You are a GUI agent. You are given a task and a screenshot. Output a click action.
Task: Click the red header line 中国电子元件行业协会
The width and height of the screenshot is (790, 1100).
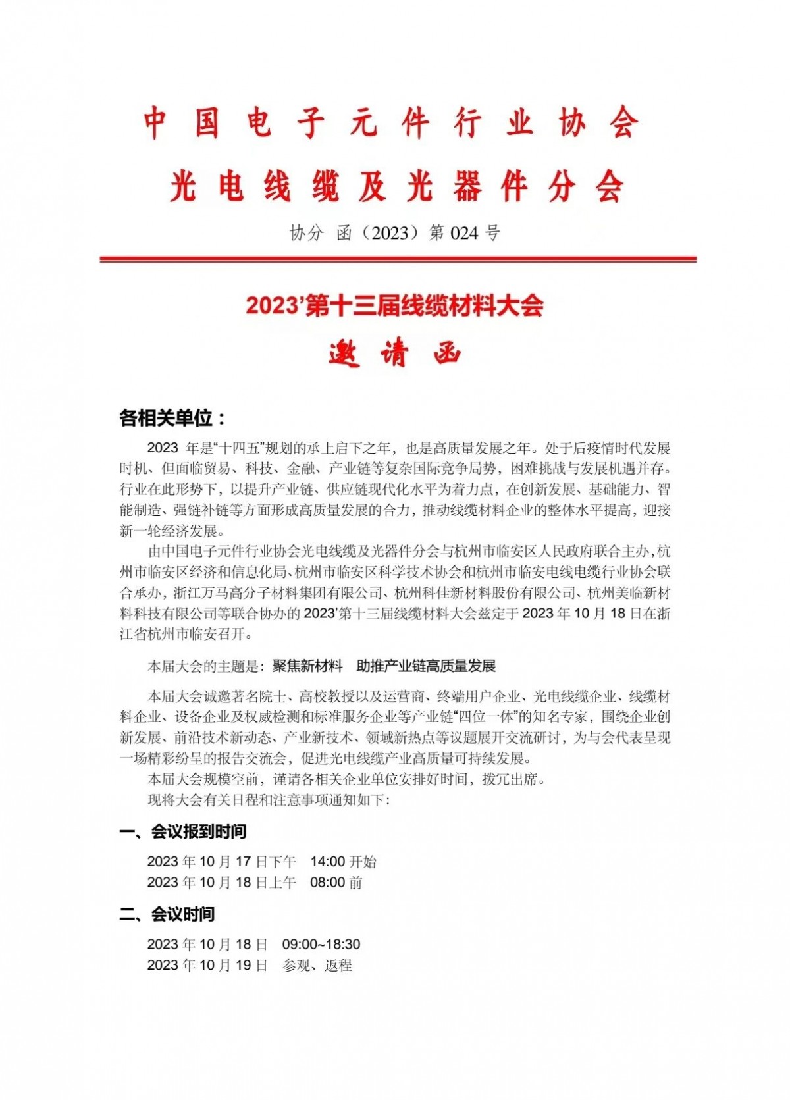tap(391, 123)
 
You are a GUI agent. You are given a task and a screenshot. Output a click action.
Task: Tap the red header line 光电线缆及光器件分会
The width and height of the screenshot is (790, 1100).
tap(396, 186)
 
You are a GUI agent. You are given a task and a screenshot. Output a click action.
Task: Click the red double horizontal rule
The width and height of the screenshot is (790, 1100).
tap(398, 259)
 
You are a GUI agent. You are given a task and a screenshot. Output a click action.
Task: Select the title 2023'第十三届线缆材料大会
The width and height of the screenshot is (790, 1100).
tap(394, 306)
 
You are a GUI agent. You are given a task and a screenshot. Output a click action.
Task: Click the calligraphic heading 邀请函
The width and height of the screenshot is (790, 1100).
tap(395, 354)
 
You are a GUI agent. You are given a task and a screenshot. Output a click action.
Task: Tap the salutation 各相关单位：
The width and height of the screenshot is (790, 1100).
tap(172, 418)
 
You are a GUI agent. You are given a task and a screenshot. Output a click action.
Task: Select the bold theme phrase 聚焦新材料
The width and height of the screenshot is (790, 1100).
tap(307, 666)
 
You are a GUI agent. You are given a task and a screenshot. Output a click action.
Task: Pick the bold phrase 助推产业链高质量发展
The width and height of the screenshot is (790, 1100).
tap(426, 666)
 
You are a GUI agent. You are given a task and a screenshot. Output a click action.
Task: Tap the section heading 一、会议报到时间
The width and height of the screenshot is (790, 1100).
tap(182, 831)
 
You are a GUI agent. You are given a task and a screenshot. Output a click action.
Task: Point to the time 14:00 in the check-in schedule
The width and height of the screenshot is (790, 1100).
tap(327, 862)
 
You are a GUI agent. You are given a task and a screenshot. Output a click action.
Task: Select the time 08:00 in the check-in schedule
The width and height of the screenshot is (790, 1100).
tap(327, 883)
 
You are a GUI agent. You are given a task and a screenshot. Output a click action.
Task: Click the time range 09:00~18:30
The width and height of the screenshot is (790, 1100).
tap(321, 945)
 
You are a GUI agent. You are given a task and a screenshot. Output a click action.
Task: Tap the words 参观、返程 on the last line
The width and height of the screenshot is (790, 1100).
tap(317, 966)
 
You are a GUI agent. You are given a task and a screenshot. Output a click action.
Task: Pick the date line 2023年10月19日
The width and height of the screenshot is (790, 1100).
tap(207, 966)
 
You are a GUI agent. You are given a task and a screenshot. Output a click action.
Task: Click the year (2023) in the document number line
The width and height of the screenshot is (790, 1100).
tap(390, 233)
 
